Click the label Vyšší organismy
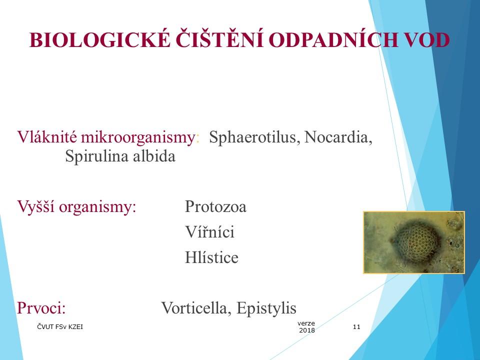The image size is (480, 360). [x=77, y=206]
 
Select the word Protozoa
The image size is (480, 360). [x=215, y=206]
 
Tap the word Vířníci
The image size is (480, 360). [x=209, y=232]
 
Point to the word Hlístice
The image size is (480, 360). [x=211, y=257]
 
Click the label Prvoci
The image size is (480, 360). [x=41, y=307]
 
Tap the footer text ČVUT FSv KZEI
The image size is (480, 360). [x=60, y=327]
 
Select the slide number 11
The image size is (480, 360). [x=356, y=327]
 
